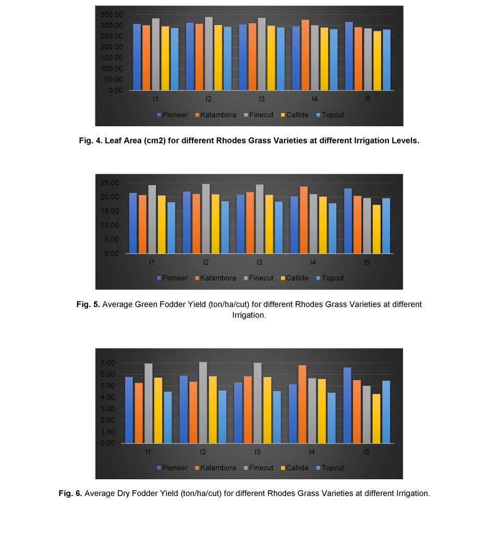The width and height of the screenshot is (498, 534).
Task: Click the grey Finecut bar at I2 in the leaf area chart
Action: (209, 54)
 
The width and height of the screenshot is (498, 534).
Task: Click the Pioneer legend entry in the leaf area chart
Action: (172, 115)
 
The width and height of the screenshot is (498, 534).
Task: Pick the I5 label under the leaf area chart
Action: (368, 99)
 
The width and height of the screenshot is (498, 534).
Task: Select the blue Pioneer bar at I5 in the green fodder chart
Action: (348, 221)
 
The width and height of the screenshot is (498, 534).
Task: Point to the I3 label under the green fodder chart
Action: (259, 262)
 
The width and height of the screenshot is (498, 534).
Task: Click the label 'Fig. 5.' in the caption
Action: (88, 304)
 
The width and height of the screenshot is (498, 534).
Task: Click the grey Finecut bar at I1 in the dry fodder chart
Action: (148, 404)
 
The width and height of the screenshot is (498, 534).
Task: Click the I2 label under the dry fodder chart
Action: (203, 452)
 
